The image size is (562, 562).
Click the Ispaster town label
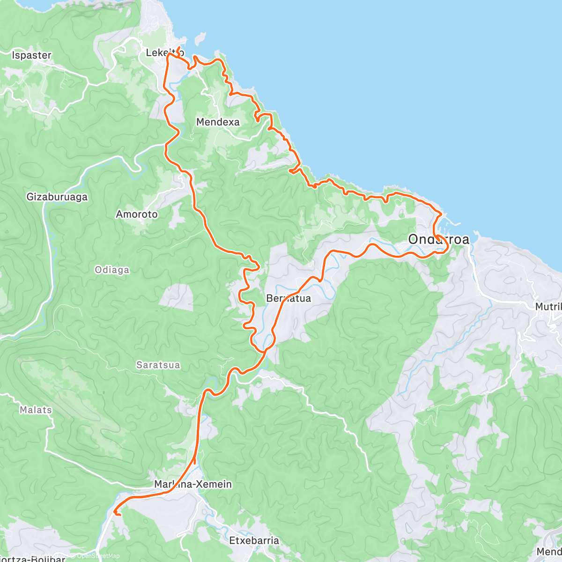[x=31, y=55]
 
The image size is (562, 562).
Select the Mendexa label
[x=218, y=122]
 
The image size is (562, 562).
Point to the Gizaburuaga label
[x=57, y=197]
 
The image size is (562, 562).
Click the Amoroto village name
[x=137, y=214]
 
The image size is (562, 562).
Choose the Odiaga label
[x=112, y=270]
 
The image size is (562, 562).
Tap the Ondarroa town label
[x=438, y=239]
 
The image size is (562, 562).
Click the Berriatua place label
[x=288, y=298]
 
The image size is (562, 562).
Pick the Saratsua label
[x=158, y=365]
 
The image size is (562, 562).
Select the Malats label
[x=36, y=410]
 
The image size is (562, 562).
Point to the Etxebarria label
[x=254, y=540]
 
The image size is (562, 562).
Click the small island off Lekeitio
[x=200, y=37]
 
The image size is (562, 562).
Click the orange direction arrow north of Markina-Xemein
[x=194, y=456]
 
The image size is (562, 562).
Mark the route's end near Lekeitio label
[x=178, y=48]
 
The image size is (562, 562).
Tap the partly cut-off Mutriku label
[x=548, y=307]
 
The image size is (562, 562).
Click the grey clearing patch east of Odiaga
[x=176, y=297]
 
